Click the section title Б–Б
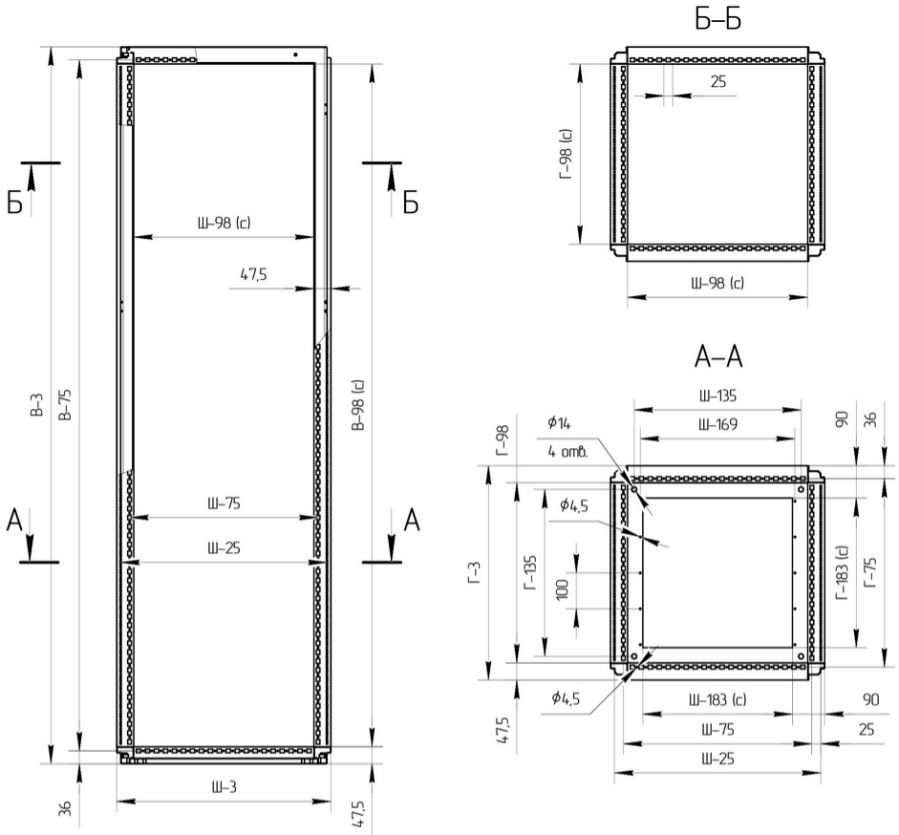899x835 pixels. point(717,19)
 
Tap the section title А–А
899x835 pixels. point(717,356)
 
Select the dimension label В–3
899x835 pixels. point(36,405)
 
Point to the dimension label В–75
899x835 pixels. point(65,405)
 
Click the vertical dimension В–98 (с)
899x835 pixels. point(358,405)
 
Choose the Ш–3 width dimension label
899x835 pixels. point(225,787)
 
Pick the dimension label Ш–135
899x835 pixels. point(717,396)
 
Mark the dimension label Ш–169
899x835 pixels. point(717,424)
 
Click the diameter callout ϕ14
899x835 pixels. point(559,423)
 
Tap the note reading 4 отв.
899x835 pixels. point(567,452)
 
